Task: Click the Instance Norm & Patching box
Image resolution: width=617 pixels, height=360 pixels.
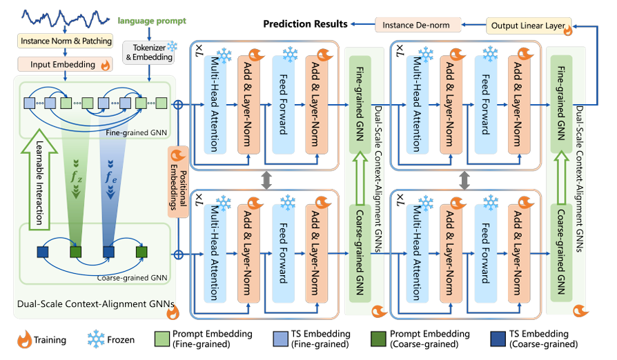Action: (x=66, y=41)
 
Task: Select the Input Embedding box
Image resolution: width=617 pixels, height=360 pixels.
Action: (x=61, y=65)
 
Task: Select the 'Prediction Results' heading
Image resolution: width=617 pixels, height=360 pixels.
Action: (x=305, y=25)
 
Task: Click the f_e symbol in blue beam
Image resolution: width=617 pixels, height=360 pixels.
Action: (x=109, y=177)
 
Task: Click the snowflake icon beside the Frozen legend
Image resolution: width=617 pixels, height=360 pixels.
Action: (x=99, y=339)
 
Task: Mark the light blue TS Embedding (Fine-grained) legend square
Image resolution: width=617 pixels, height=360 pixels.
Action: (x=273, y=339)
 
